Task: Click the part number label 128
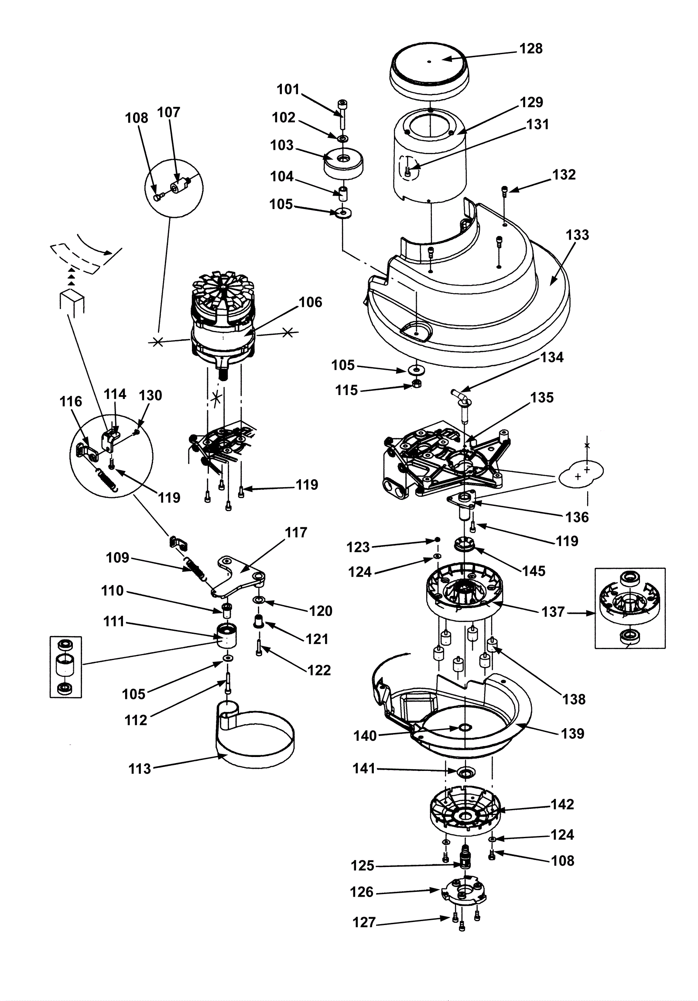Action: (x=530, y=48)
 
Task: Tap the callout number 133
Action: (x=577, y=235)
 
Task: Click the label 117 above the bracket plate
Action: (x=296, y=533)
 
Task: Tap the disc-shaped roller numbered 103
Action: (x=344, y=164)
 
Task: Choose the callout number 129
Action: (x=531, y=102)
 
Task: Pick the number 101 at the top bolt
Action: (x=288, y=89)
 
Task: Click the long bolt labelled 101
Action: (x=342, y=114)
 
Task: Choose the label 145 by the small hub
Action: (x=534, y=571)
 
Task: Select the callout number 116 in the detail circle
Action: (x=71, y=401)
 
